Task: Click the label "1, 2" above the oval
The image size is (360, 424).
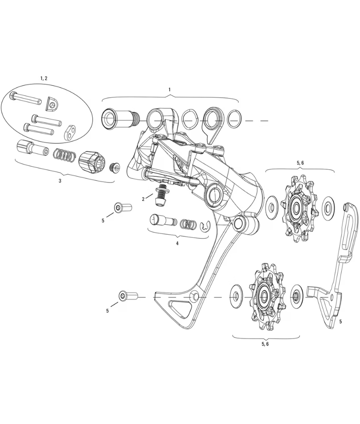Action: [x=44, y=78]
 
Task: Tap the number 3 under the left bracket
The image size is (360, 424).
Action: [x=60, y=181]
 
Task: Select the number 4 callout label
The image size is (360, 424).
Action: [x=177, y=243]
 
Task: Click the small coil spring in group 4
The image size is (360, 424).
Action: [x=189, y=224]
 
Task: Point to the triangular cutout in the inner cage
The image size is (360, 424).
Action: [x=180, y=308]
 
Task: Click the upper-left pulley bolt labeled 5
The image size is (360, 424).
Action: [x=122, y=208]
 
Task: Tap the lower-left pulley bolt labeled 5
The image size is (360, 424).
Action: [x=127, y=296]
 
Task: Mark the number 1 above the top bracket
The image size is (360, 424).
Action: [x=170, y=89]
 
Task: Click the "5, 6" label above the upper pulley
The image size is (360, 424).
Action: [x=300, y=163]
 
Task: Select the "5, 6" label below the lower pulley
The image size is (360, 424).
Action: [x=265, y=344]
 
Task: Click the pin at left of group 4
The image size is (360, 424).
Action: [x=163, y=221]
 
